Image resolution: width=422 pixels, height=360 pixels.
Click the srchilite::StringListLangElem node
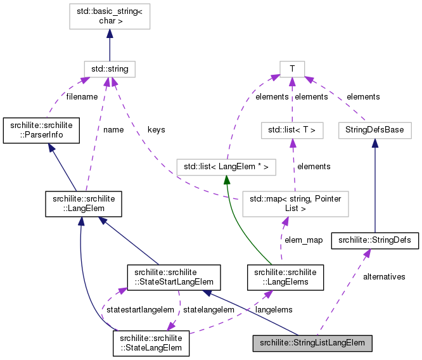(312, 344)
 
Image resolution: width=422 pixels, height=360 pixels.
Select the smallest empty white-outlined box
(292, 69)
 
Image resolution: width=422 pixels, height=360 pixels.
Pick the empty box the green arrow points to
(226, 167)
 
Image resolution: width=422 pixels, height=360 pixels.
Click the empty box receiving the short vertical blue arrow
(110, 16)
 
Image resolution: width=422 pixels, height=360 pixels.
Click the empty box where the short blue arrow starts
(110, 69)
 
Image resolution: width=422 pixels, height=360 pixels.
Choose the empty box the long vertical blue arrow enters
(374, 131)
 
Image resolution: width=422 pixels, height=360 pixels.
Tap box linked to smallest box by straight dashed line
(292, 131)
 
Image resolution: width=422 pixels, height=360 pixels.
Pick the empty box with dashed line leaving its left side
(295, 204)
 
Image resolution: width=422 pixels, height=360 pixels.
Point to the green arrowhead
(226, 181)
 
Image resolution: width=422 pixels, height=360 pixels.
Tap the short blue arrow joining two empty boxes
(110, 46)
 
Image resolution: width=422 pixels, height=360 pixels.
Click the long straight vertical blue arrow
(374, 190)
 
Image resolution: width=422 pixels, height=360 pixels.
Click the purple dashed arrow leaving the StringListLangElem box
(342, 292)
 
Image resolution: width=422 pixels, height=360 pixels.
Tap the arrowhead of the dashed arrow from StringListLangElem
(368, 253)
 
